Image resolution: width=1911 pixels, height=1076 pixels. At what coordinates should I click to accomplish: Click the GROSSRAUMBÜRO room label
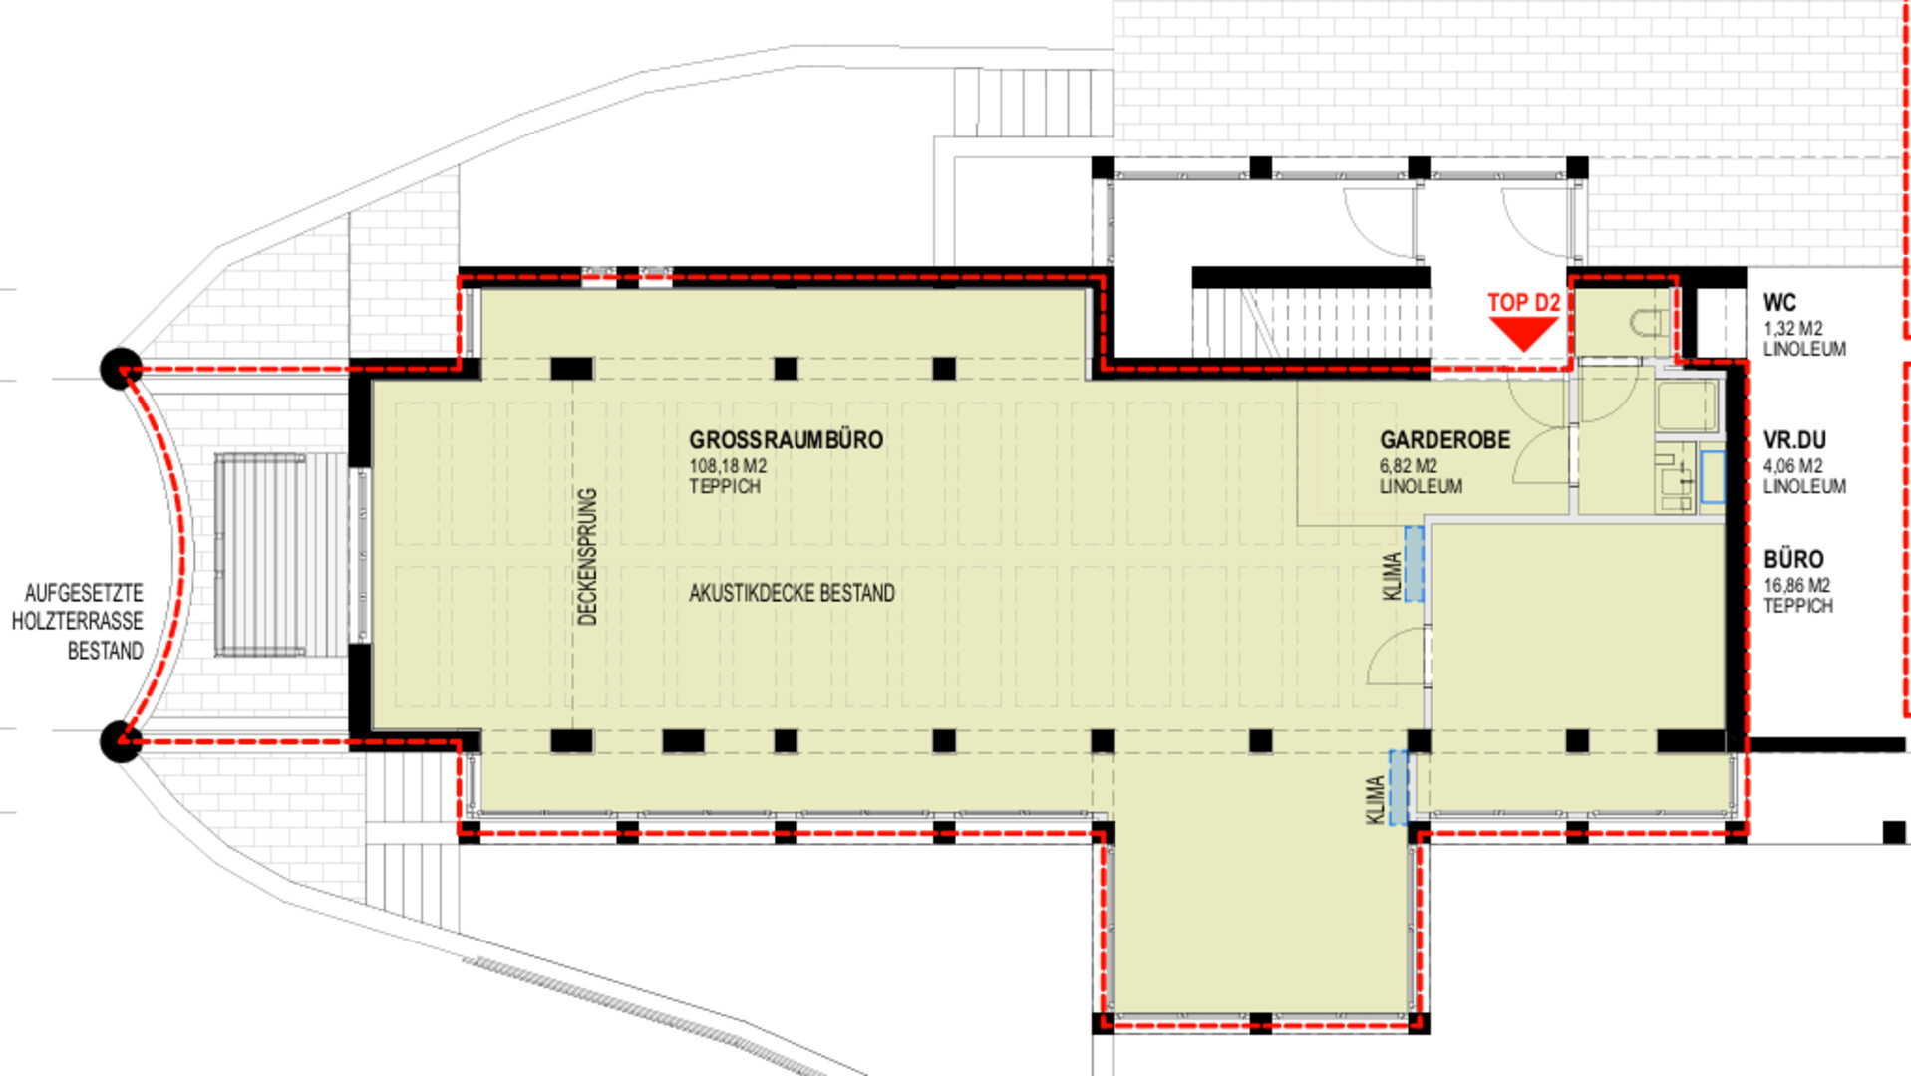pyautogui.click(x=786, y=439)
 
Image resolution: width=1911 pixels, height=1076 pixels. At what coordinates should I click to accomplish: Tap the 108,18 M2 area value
pyautogui.click(x=728, y=466)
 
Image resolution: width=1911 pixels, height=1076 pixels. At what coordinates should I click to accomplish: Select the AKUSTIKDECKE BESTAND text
pyautogui.click(x=792, y=593)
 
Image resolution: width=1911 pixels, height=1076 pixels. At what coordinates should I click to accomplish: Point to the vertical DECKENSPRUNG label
pyautogui.click(x=587, y=556)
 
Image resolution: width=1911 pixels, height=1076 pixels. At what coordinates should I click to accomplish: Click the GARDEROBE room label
pyautogui.click(x=1444, y=439)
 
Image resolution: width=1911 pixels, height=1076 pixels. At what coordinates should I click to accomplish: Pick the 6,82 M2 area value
pyautogui.click(x=1409, y=466)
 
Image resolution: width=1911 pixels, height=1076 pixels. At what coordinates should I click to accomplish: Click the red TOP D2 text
pyautogui.click(x=1523, y=303)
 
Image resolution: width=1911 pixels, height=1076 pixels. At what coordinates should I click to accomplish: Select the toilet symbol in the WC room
pyautogui.click(x=1649, y=322)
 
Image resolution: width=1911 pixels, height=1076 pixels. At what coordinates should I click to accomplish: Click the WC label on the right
pyautogui.click(x=1779, y=303)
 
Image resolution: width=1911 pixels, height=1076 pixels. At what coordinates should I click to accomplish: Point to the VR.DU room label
pyautogui.click(x=1794, y=440)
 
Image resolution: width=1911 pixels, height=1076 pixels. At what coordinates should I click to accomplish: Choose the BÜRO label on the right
pyautogui.click(x=1793, y=559)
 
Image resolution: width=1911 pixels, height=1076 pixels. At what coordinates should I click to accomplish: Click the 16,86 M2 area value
pyautogui.click(x=1796, y=586)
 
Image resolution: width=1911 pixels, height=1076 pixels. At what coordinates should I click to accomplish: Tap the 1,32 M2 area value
pyautogui.click(x=1792, y=329)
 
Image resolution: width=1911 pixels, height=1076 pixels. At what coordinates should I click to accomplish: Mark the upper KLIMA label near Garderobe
pyautogui.click(x=1393, y=577)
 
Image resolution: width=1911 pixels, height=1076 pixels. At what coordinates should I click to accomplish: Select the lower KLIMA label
pyautogui.click(x=1375, y=800)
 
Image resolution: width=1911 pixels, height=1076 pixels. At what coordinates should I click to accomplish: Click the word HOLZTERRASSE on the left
pyautogui.click(x=78, y=622)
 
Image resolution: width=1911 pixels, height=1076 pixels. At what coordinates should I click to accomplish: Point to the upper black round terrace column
pyautogui.click(x=121, y=369)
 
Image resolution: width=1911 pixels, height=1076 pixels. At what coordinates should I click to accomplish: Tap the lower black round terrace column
pyautogui.click(x=121, y=742)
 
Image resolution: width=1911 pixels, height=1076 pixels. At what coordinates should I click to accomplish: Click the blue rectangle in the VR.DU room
pyautogui.click(x=1713, y=477)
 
